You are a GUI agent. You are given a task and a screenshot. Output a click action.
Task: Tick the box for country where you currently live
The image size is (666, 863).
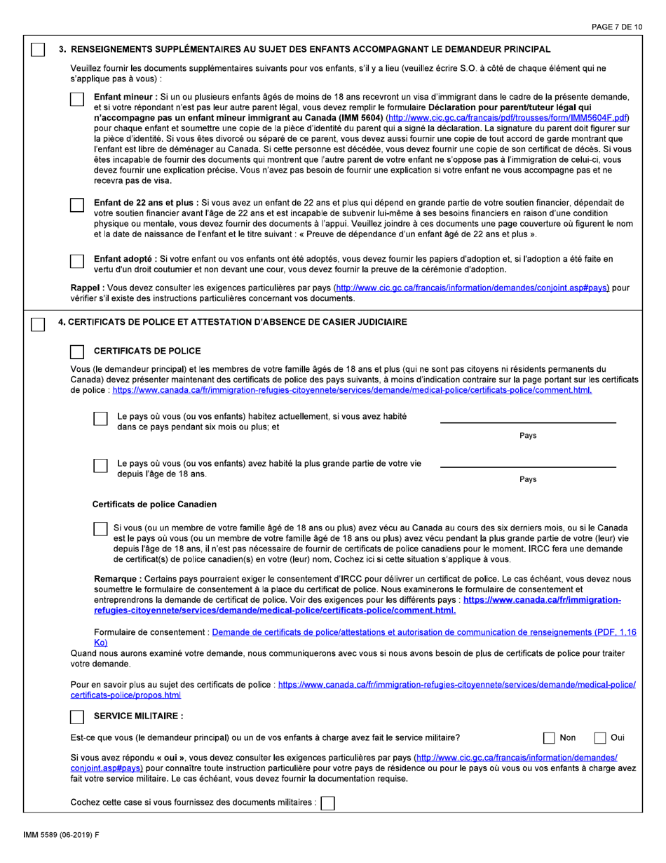100,419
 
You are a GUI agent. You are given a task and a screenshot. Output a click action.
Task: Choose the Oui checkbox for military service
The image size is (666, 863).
601,737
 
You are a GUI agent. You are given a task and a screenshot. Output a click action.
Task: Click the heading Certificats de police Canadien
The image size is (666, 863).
154,504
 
